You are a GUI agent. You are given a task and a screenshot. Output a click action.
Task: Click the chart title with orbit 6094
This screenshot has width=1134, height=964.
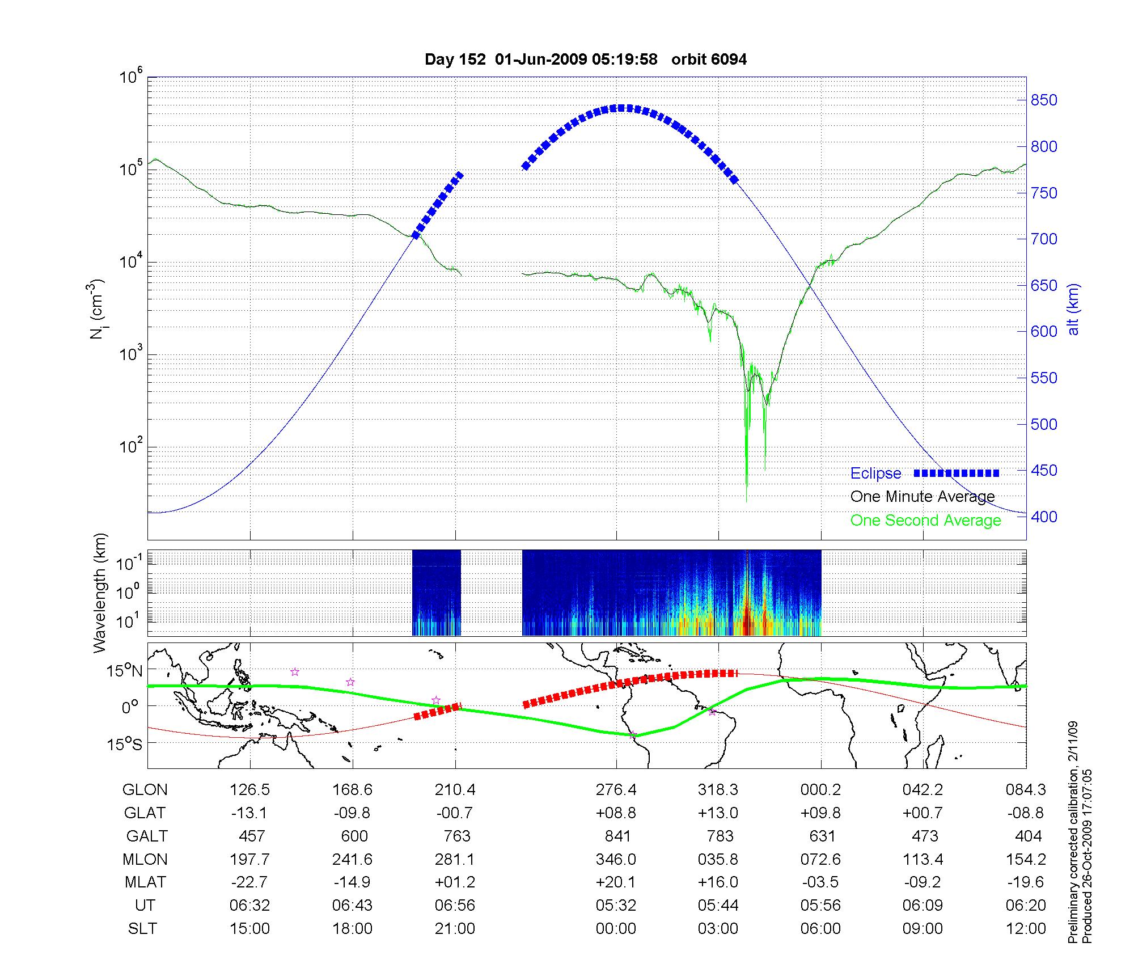tap(585, 60)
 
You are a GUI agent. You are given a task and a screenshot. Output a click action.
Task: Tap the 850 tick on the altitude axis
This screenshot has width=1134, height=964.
tap(1043, 100)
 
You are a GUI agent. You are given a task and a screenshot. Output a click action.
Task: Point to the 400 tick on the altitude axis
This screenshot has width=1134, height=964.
tap(1043, 517)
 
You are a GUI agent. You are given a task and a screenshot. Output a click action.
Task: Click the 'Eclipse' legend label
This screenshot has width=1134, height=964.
tap(875, 473)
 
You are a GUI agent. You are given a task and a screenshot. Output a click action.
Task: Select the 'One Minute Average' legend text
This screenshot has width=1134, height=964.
tap(923, 497)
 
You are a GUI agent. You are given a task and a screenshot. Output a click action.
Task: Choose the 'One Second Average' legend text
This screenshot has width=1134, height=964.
tap(925, 521)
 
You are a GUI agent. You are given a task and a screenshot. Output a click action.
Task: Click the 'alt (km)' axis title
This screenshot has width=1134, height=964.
tap(1074, 309)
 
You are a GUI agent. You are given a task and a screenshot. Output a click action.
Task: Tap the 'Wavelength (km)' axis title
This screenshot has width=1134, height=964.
tap(100, 593)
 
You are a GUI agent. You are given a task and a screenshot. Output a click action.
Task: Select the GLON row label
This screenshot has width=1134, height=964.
tap(145, 790)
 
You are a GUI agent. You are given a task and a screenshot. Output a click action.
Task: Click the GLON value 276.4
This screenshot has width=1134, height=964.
tap(616, 790)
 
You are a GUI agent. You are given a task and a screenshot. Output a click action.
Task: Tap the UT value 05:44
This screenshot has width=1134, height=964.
tap(718, 906)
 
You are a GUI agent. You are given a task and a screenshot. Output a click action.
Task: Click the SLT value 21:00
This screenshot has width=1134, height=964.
tap(455, 929)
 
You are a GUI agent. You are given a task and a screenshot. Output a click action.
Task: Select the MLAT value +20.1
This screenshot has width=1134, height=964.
tap(616, 882)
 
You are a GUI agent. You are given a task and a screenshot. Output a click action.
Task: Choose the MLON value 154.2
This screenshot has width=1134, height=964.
tap(1026, 860)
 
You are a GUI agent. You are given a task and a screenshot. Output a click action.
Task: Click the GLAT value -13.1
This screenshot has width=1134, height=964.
tap(249, 813)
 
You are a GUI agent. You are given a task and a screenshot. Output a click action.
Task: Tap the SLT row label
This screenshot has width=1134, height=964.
tap(142, 929)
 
